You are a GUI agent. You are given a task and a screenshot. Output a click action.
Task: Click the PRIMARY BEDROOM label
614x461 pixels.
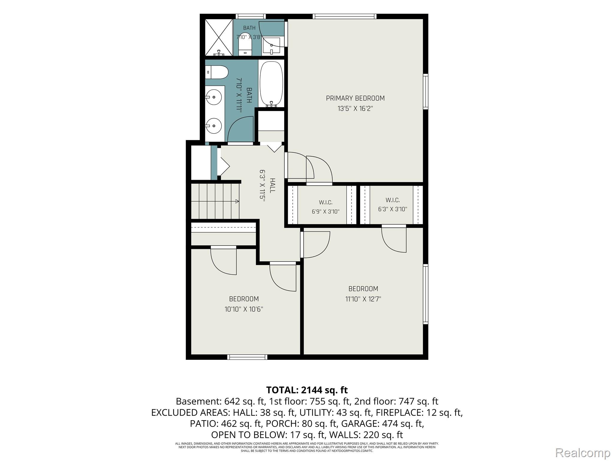point(355,98)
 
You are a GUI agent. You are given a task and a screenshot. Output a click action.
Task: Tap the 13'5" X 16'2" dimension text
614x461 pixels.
point(355,109)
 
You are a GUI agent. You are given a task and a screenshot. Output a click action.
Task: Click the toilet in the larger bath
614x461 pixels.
point(217,72)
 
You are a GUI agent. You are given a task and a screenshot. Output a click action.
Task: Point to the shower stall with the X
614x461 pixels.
point(219,37)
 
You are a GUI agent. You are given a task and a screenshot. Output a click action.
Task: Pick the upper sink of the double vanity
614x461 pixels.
point(213,97)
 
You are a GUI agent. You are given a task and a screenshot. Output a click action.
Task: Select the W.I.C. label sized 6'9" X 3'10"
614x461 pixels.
point(326,202)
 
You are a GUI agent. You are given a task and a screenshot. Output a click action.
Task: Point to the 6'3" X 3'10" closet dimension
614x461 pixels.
point(392,209)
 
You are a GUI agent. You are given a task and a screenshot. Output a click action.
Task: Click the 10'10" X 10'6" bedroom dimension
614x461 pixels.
point(244,309)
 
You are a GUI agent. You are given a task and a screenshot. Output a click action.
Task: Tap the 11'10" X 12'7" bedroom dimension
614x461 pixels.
point(363,299)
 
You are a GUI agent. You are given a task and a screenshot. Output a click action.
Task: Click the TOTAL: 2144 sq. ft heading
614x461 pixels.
point(307,390)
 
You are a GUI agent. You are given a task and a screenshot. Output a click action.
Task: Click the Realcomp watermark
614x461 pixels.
point(583,453)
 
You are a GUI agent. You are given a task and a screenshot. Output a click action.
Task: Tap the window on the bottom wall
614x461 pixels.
point(247,357)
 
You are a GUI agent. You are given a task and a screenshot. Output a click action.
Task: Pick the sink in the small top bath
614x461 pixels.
point(271,46)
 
